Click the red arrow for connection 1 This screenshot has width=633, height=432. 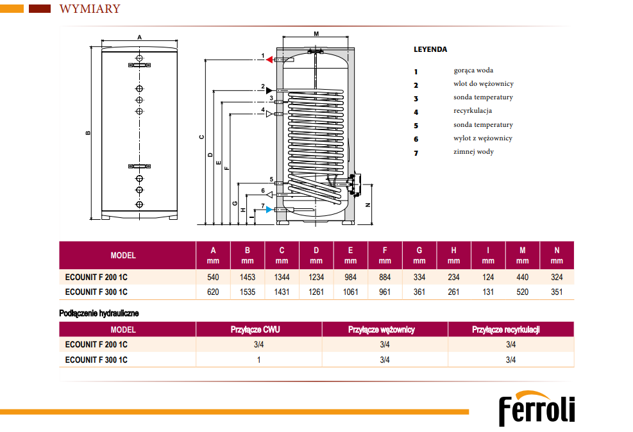click(271, 60)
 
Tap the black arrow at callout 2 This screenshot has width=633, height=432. click(269, 89)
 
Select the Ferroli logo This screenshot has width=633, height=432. click(537, 409)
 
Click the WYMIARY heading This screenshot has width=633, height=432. click(89, 9)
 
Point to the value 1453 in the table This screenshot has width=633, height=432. click(248, 277)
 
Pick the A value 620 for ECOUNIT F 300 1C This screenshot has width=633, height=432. click(214, 292)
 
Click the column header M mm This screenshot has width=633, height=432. click(522, 255)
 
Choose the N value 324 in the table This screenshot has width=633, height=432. click(557, 277)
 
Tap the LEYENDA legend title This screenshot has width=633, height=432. click(430, 49)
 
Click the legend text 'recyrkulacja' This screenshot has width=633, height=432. click(473, 111)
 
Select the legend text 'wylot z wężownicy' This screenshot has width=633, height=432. click(483, 138)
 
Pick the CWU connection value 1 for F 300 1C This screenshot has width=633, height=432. click(258, 360)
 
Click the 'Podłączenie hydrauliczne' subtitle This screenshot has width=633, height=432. click(99, 313)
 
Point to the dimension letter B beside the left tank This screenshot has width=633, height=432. click(88, 133)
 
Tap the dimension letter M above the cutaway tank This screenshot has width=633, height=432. click(316, 33)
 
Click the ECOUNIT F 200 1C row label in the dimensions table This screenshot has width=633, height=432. click(96, 277)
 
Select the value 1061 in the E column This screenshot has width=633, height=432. click(350, 292)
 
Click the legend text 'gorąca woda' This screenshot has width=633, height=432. click(473, 71)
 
